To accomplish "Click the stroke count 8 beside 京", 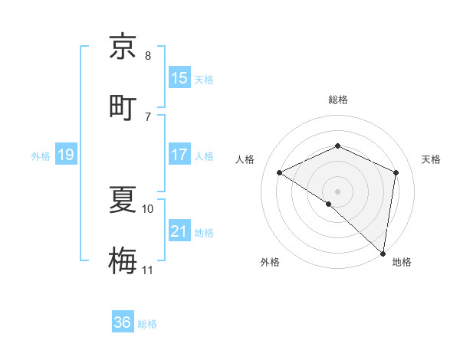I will (x=148, y=56).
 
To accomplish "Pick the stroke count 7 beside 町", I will (x=148, y=116).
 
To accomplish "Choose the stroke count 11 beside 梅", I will (x=148, y=270).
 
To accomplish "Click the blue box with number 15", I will (x=179, y=78).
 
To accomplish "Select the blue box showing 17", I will (x=179, y=155).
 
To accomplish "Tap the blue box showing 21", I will (x=179, y=232).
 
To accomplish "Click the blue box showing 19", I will (x=65, y=155).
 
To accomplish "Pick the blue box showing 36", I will (x=123, y=322).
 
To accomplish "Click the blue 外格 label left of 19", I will (x=41, y=156).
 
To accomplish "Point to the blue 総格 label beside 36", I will (x=147, y=324).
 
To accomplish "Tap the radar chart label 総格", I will (x=337, y=100).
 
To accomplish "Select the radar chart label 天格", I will (x=432, y=159).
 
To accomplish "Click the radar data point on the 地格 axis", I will (x=383, y=253).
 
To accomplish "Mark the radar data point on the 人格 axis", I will (x=280, y=172).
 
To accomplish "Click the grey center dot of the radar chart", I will (x=337, y=191).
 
